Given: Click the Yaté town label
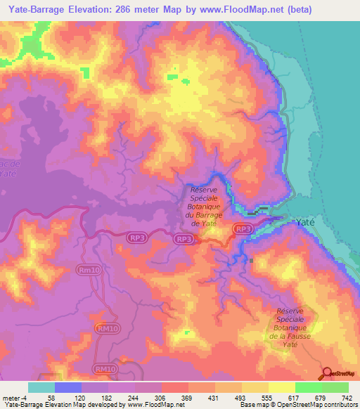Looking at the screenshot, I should point(304,222).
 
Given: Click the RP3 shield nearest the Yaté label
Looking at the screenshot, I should point(243,229).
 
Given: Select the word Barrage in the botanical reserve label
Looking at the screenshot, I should point(211,214).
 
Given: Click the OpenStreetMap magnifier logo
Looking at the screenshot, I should point(328,373).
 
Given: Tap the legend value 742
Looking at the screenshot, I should point(347,398).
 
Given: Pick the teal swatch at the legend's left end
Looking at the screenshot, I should point(41,387).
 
